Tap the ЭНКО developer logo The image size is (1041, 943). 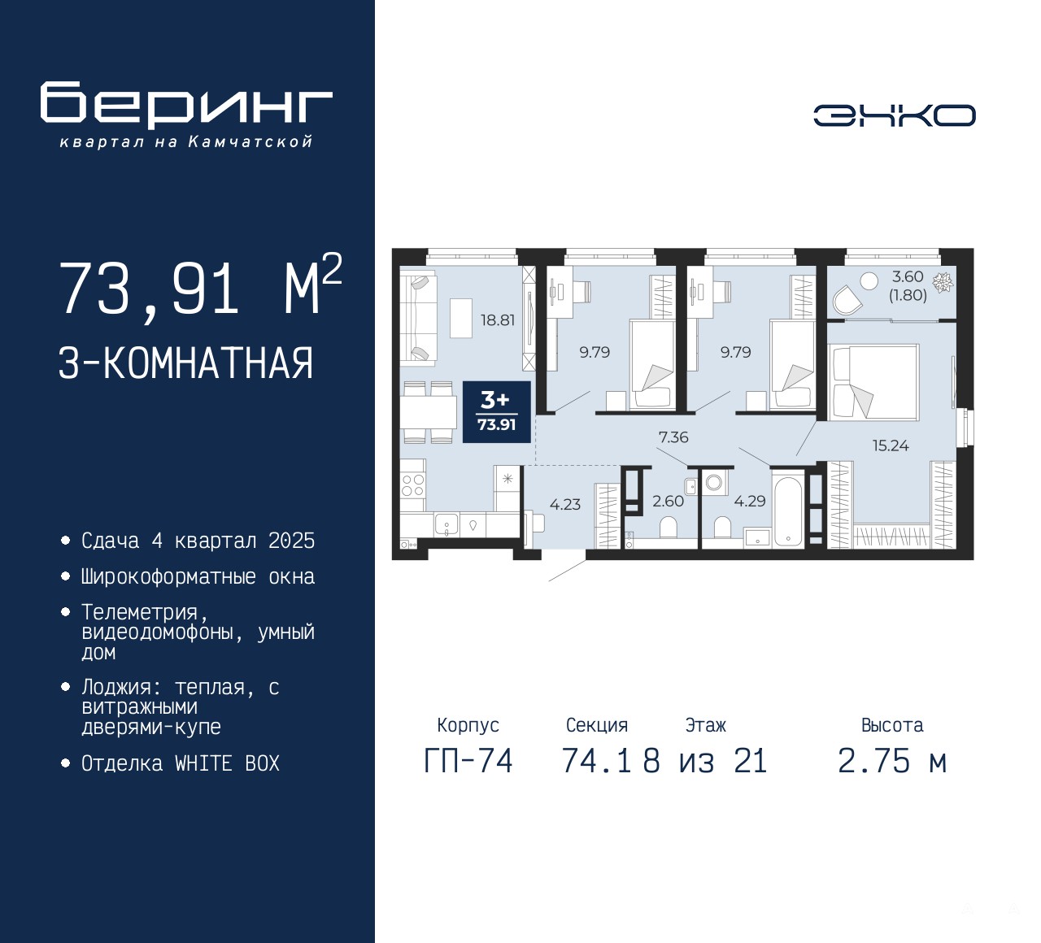tap(894, 115)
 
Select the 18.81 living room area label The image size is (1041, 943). tap(497, 320)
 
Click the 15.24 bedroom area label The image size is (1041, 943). tap(891, 445)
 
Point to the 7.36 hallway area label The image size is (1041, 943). tap(673, 437)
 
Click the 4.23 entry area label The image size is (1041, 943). tap(565, 504)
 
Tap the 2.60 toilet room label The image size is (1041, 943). tap(668, 501)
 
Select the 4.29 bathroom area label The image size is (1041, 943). tap(750, 501)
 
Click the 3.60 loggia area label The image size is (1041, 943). tap(908, 285)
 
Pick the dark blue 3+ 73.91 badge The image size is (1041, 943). tap(497, 412)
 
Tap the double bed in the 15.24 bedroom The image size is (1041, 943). tap(874, 381)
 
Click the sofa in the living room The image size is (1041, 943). tap(419, 318)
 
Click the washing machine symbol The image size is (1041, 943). tap(714, 482)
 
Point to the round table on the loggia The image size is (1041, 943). tap(869, 281)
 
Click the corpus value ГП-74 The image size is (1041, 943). tap(468, 762)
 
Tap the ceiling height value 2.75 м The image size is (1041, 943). tap(892, 762)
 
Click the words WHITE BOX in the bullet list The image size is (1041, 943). tap(227, 763)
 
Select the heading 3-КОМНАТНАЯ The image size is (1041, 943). tap(186, 363)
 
